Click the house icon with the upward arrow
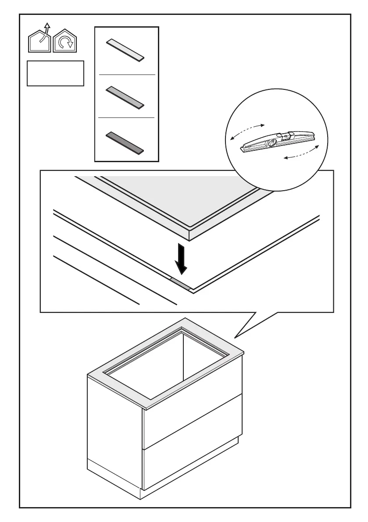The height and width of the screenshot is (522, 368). tap(40, 42)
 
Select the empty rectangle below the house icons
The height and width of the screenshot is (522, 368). tap(55, 73)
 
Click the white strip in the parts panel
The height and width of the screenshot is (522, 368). tap(125, 50)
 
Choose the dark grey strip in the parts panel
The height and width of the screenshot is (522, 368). tap(125, 142)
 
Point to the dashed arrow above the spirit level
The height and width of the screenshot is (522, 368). tap(247, 131)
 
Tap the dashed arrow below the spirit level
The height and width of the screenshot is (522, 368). tap(303, 153)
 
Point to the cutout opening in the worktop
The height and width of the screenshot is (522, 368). tap(184, 364)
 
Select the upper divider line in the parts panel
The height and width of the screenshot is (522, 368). tap(127, 75)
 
